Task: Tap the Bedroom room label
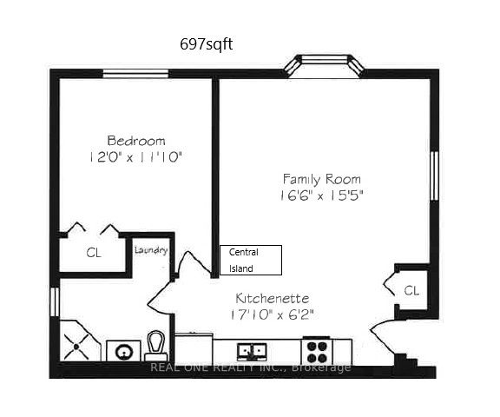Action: point(136,140)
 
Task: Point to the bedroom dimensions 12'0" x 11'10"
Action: point(137,157)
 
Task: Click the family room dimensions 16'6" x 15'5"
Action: point(321,195)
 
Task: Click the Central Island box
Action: point(251,260)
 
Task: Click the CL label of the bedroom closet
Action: point(94,253)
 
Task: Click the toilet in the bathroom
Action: point(155,346)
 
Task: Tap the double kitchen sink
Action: point(253,351)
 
